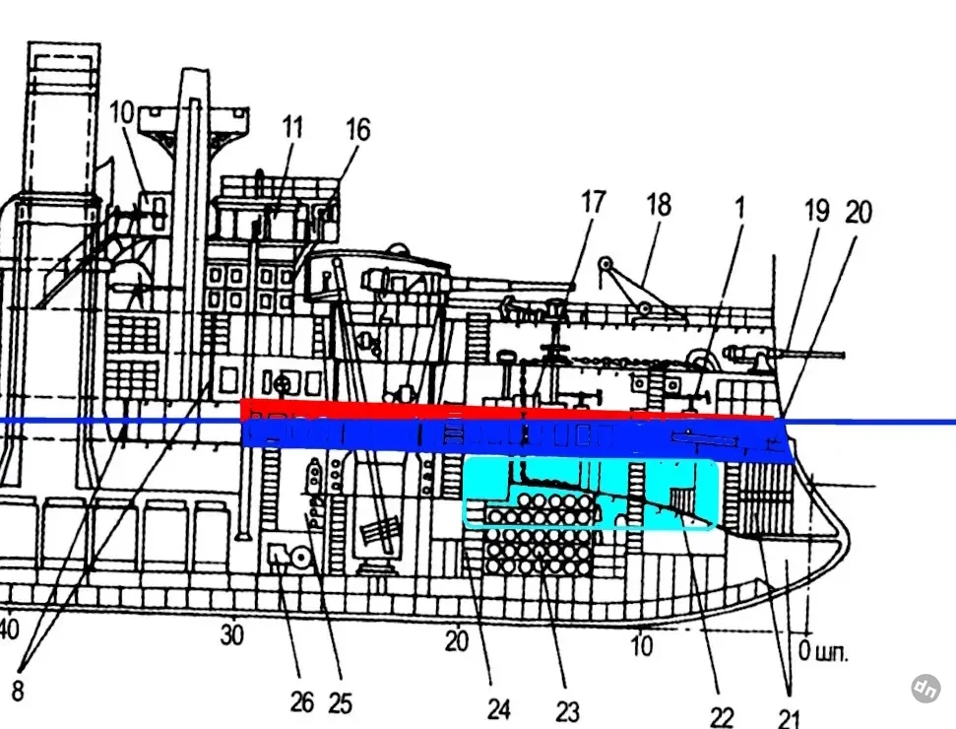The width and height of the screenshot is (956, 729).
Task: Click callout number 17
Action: click(594, 203)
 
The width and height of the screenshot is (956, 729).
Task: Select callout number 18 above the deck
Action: click(659, 205)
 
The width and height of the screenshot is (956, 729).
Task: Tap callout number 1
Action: click(739, 208)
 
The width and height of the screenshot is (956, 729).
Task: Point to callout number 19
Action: click(816, 211)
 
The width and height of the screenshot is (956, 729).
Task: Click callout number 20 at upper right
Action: click(859, 212)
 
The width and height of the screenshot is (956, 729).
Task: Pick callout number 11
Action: click(292, 127)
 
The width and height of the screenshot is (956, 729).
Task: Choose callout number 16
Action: click(358, 129)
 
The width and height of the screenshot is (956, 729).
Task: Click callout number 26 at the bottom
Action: click(302, 702)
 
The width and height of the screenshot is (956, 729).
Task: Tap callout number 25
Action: click(341, 703)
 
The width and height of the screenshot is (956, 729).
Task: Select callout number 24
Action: click(499, 709)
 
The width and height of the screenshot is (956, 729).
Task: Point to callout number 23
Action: click(567, 711)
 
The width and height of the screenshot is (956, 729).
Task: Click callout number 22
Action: click(722, 716)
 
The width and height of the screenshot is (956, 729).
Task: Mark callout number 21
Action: click(789, 718)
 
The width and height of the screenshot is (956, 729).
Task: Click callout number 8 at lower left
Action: click(18, 691)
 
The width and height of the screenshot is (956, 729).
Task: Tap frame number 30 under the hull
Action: click(231, 635)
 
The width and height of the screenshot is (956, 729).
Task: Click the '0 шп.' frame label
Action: click(823, 651)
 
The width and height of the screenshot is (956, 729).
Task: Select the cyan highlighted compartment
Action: click(590, 494)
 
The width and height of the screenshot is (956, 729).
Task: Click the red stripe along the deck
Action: click(507, 410)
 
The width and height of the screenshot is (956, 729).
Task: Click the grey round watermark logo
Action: click(925, 689)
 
